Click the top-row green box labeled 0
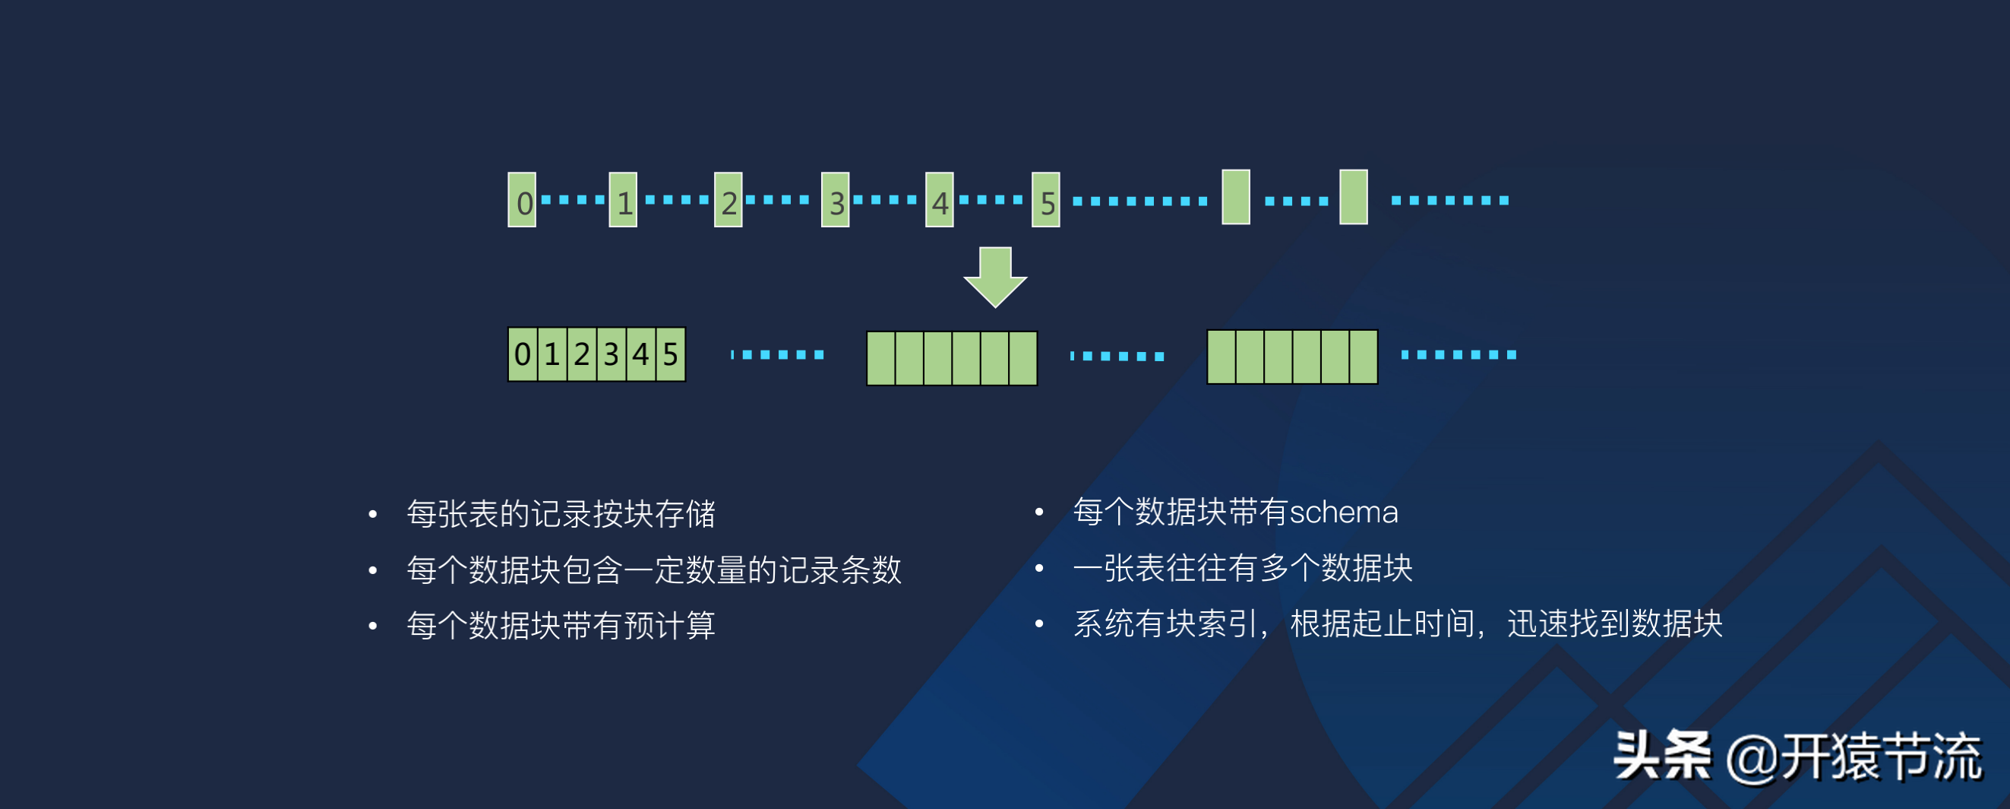[522, 201]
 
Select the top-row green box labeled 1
[623, 201]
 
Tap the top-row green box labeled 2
[728, 201]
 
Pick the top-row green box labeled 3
[835, 201]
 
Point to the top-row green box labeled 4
[940, 201]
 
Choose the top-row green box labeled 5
[1045, 201]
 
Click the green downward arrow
[995, 278]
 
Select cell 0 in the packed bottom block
[523, 354]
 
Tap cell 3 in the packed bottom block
[611, 354]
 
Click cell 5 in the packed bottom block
[670, 354]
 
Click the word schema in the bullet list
[1344, 512]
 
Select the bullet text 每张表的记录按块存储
[561, 514]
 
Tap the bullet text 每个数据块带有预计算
[561, 626]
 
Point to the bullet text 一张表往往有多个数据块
[1242, 568]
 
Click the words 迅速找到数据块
[1614, 624]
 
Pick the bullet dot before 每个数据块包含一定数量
[373, 571]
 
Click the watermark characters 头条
[1662, 756]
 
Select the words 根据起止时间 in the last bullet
[1382, 624]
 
